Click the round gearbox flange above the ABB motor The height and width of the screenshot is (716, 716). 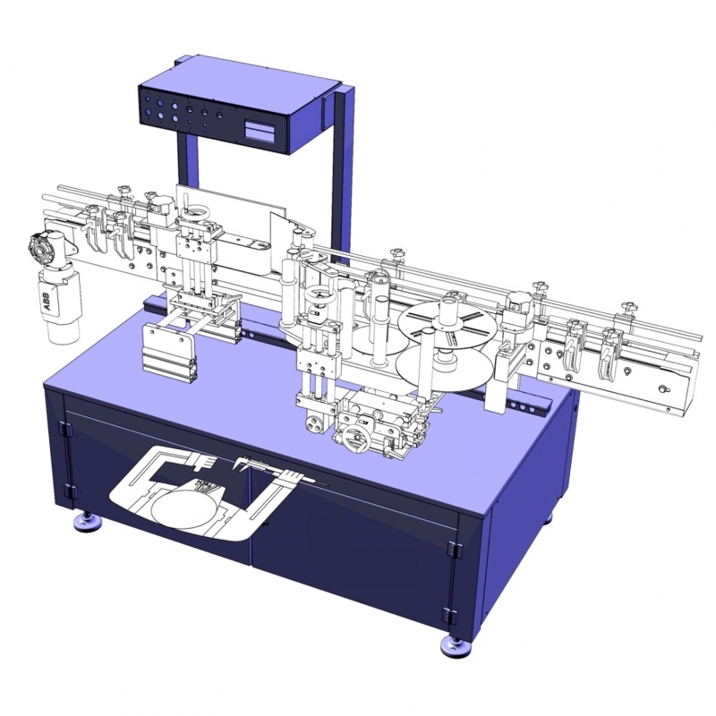point(40,245)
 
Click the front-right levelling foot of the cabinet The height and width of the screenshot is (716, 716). point(456,646)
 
